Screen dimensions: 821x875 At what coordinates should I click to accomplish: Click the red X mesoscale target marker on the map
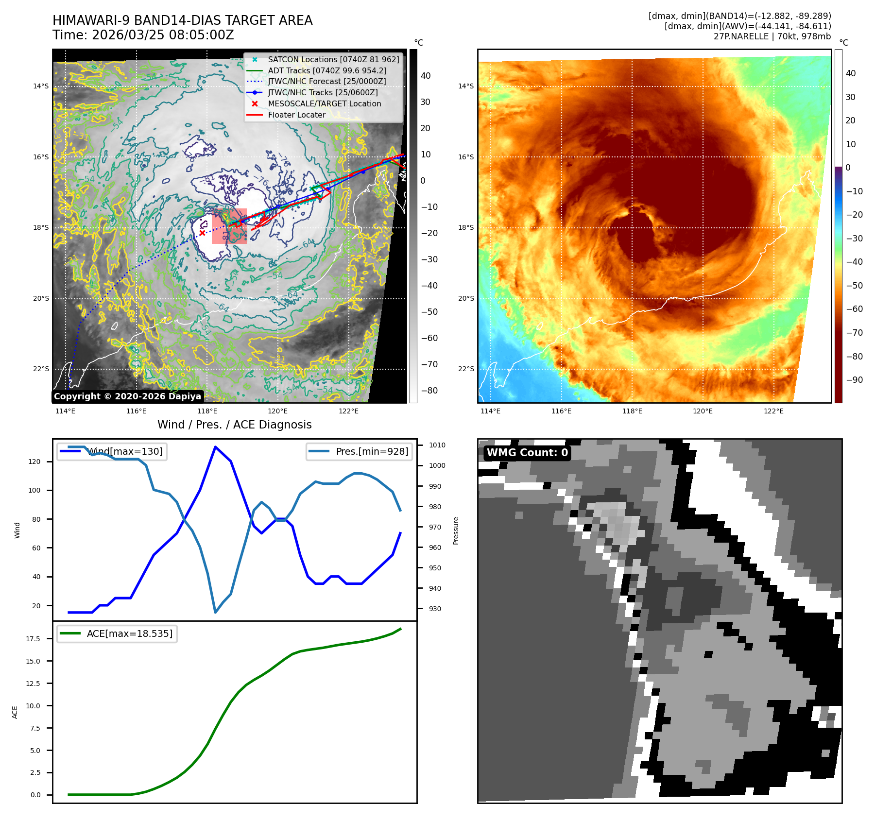(x=202, y=233)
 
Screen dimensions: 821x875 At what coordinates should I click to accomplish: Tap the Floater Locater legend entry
(x=296, y=115)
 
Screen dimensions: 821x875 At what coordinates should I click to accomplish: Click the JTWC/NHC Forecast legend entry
(x=326, y=82)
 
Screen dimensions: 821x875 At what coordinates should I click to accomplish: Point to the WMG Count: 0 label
(x=527, y=453)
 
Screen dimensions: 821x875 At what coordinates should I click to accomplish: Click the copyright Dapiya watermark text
(x=127, y=396)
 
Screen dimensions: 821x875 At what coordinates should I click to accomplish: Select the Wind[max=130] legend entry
(x=124, y=452)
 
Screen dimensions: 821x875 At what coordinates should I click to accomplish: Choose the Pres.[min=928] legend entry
(x=372, y=452)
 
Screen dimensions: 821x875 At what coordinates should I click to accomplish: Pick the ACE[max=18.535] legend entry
(x=129, y=634)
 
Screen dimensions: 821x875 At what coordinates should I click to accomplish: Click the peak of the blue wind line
(x=215, y=446)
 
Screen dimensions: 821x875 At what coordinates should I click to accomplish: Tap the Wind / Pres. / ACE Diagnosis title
(x=234, y=425)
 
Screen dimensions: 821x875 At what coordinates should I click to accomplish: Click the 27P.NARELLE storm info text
(x=772, y=36)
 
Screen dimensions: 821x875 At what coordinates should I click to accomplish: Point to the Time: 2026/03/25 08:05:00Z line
(x=143, y=35)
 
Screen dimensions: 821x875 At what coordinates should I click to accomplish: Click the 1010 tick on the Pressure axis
(x=437, y=445)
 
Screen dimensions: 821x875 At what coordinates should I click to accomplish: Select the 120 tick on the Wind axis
(x=34, y=462)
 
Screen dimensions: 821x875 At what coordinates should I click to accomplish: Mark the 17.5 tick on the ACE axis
(x=33, y=639)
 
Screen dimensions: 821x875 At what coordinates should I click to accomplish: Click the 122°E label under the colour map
(x=773, y=411)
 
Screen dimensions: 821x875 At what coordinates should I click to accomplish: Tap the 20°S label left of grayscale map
(x=41, y=299)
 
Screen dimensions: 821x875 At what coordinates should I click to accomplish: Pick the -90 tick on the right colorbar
(x=854, y=380)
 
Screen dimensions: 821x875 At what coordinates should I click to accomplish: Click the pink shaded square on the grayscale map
(x=229, y=226)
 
